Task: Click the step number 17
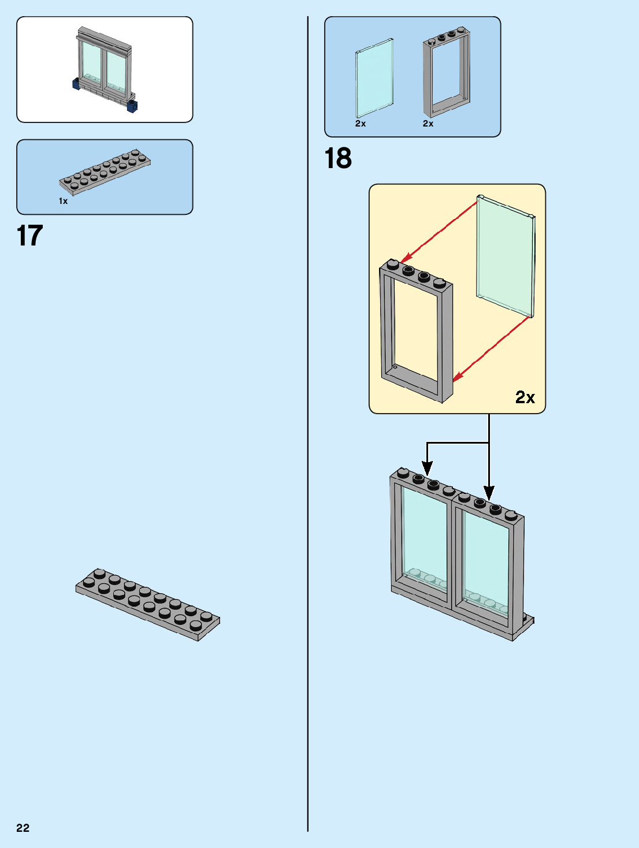pyautogui.click(x=30, y=236)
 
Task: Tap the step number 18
pyautogui.click(x=338, y=159)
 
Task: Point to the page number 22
pyautogui.click(x=23, y=828)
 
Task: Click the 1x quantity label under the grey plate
pyautogui.click(x=63, y=201)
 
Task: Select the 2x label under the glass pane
pyautogui.click(x=361, y=124)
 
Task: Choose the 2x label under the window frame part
pyautogui.click(x=428, y=124)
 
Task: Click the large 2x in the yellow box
pyautogui.click(x=525, y=397)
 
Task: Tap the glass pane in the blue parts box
pyautogui.click(x=374, y=78)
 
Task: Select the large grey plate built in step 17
pyautogui.click(x=148, y=604)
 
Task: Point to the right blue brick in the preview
pyautogui.click(x=132, y=106)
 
